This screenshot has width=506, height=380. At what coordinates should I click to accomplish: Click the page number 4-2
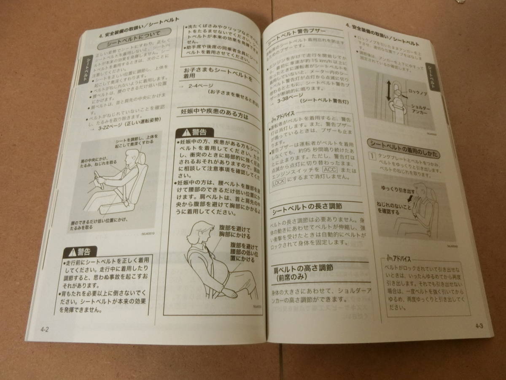click(x=45, y=329)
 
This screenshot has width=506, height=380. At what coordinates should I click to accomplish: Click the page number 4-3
click(x=479, y=326)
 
